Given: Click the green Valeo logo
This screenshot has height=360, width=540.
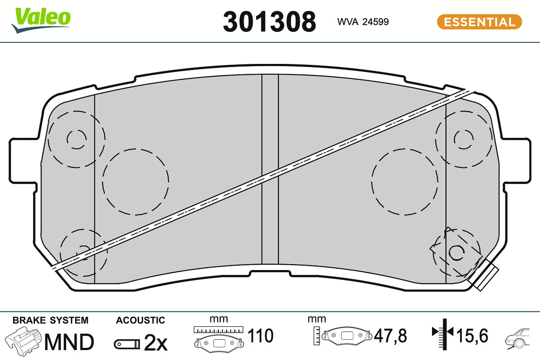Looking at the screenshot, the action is tap(41, 20).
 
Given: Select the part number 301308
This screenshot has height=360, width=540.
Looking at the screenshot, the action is tap(269, 22).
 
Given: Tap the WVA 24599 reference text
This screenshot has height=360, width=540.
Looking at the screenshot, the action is tap(363, 22).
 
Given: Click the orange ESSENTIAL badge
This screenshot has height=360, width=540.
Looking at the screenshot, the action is tap(479, 22).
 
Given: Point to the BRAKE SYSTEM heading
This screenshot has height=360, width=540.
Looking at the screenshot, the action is tap(50, 320).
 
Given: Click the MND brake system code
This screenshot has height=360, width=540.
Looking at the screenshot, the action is tap(69, 342).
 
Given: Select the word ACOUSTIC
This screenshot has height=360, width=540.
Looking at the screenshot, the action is tap(140, 320).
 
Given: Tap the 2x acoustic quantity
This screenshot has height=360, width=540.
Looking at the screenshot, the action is tap(156, 343).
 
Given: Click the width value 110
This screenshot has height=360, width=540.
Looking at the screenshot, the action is tap(261, 335).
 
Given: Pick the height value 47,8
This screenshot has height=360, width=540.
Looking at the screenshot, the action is tap(390, 335).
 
